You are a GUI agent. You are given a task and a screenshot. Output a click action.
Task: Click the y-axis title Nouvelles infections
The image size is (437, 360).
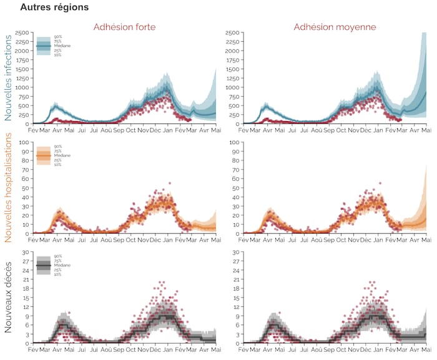coord(9,77)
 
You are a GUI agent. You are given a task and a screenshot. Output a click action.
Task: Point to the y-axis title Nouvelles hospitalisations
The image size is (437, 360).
coord(9,188)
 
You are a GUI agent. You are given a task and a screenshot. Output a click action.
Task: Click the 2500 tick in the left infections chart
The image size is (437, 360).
coord(22,32)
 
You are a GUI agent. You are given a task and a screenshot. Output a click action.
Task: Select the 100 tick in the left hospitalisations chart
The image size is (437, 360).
coord(25,142)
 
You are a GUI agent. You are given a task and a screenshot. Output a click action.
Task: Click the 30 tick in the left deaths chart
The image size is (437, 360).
coord(26,252)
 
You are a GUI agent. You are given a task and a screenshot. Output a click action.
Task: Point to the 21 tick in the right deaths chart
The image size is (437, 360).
coord(237,280)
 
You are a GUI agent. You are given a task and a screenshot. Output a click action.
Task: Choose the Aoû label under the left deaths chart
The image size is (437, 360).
coord(106,351)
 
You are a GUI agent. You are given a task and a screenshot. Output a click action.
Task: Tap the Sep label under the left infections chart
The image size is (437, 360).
coord(118,131)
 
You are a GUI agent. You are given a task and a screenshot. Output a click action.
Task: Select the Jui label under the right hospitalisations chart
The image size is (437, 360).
coord(305,241)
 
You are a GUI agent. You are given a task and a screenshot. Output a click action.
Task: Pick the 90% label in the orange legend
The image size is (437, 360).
coord(58,147)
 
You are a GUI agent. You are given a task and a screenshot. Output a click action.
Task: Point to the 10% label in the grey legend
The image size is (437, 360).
coord(58,275)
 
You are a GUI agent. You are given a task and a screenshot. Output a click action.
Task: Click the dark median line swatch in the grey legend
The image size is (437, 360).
coord(44,266)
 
